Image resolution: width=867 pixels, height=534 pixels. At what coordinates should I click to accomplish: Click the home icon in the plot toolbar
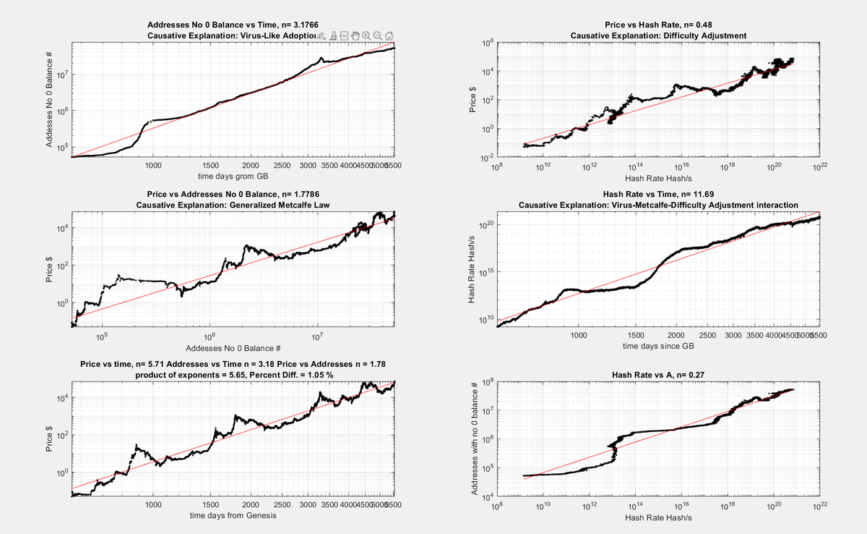pos(389,35)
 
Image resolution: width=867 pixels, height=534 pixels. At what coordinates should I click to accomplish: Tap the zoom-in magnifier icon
pos(366,35)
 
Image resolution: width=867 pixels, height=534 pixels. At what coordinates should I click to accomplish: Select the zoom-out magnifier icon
pos(378,35)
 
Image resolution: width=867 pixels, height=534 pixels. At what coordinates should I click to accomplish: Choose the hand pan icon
pos(355,35)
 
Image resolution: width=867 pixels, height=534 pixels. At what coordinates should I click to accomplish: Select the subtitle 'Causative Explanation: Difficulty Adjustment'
pos(657,35)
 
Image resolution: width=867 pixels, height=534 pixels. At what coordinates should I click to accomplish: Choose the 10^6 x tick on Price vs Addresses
pos(210,336)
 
